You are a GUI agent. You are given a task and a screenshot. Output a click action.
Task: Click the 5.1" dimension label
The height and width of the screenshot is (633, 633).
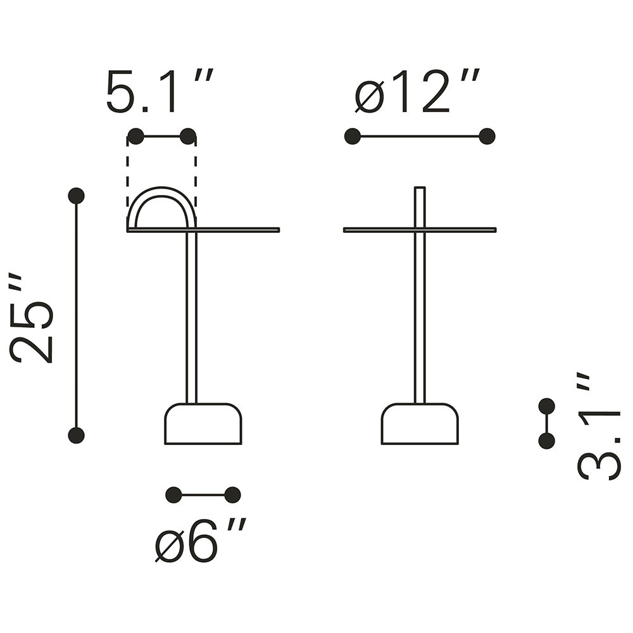159,91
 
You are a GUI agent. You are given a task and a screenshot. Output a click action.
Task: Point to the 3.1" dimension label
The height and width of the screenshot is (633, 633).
598,427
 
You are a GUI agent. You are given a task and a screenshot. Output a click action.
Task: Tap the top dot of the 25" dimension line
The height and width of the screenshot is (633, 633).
77,196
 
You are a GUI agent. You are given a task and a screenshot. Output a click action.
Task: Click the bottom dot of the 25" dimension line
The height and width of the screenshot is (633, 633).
77,436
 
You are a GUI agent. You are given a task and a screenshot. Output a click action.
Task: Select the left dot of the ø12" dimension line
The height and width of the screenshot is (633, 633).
353,137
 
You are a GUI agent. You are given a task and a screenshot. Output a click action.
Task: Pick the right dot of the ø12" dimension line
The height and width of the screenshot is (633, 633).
487,137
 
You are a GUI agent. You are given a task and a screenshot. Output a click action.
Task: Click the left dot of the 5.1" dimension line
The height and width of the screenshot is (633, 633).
135,137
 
